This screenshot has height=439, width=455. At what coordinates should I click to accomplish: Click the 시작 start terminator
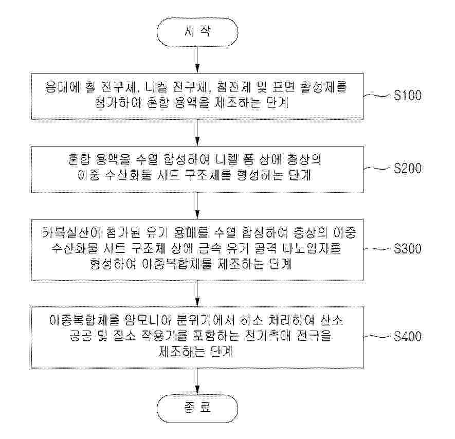[x=197, y=32]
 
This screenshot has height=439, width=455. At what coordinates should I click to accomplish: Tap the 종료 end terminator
[x=197, y=408]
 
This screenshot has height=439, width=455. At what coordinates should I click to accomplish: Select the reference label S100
[x=407, y=96]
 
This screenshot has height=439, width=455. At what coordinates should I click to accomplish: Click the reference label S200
[x=407, y=169]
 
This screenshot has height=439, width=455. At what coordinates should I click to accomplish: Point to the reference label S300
[x=407, y=249]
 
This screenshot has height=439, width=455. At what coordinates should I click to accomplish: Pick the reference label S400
[x=407, y=337]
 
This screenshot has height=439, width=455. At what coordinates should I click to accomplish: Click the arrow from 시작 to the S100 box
[x=197, y=60]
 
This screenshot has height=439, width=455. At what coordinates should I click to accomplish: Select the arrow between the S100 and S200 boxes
[x=197, y=133]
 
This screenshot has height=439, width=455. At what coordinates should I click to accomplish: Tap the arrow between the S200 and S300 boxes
[x=197, y=206]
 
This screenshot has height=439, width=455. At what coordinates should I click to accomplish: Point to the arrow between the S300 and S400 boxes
[x=197, y=294]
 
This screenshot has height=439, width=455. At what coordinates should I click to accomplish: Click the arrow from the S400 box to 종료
[x=197, y=381]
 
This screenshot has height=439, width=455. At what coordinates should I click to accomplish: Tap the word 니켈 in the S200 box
[x=226, y=159]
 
